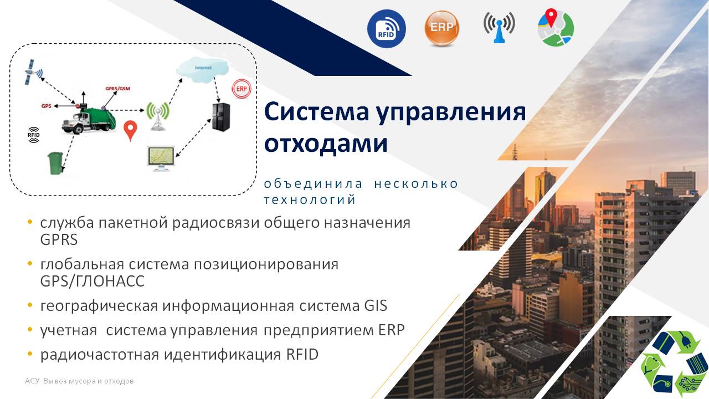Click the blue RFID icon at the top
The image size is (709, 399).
coord(387,28)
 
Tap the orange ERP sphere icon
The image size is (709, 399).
coord(441,28)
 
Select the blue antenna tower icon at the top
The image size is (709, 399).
coord(499,28)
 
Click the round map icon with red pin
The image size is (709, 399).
coord(556,28)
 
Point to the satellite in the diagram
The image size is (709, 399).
coord(33,73)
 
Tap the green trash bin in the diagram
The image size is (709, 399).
coord(55,163)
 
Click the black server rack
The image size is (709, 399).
coord(221,117)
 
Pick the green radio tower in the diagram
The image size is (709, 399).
coord(158,116)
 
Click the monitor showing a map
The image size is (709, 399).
coord(161,158)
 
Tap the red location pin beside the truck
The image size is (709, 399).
coord(130,130)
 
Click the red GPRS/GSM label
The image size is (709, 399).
coord(118,88)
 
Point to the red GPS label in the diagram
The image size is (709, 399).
coord(46,106)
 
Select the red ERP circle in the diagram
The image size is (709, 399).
coord(241,89)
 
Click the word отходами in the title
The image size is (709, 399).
coord(326,144)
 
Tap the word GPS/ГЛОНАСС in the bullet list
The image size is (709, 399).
coord(92,281)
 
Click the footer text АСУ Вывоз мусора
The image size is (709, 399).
coord(79,381)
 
